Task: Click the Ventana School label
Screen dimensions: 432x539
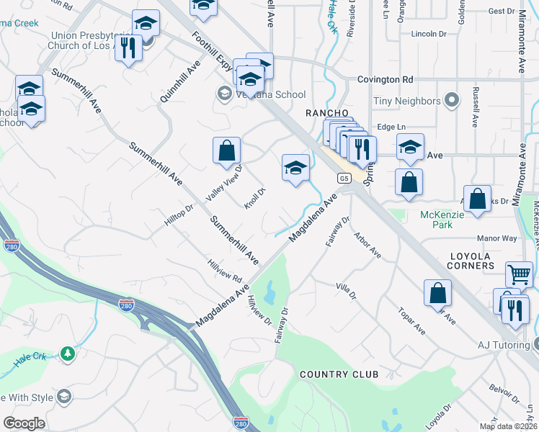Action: point(271,94)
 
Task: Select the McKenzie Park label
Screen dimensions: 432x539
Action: point(437,220)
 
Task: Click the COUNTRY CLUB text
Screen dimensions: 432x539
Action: point(339,374)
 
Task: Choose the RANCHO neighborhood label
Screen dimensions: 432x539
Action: point(327,113)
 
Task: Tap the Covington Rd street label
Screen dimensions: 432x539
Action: point(386,79)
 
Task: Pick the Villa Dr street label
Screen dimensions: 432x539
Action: point(347,291)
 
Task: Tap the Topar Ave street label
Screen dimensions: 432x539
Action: point(412,319)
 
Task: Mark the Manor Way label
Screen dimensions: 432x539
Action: point(496,238)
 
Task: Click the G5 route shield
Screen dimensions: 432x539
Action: point(344,178)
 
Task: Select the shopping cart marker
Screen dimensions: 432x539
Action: point(519,274)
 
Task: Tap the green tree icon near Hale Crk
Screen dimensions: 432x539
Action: point(68,354)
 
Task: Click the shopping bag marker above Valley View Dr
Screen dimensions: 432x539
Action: point(226,150)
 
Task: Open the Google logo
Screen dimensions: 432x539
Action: point(24,423)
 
